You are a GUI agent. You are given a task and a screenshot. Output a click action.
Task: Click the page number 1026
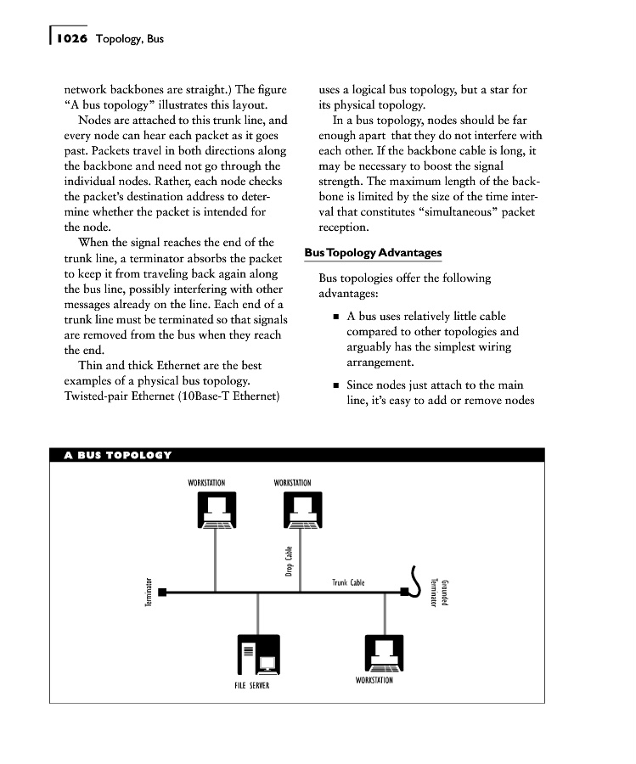pyautogui.click(x=73, y=39)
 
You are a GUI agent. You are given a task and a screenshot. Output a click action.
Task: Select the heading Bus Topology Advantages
pyautogui.click(x=373, y=253)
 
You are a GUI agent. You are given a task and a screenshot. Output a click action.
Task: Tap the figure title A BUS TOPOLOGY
pyautogui.click(x=118, y=455)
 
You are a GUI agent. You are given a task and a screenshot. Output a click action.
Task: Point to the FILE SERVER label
pyautogui.click(x=252, y=685)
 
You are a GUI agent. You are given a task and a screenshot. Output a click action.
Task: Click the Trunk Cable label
pyautogui.click(x=348, y=583)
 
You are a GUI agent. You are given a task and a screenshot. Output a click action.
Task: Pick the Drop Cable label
pyautogui.click(x=289, y=562)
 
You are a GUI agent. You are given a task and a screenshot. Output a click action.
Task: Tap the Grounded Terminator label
pyautogui.click(x=439, y=592)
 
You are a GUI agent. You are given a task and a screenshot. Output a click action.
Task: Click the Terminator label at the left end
pyautogui.click(x=149, y=593)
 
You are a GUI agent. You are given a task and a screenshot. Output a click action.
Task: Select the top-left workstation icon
pyautogui.click(x=214, y=513)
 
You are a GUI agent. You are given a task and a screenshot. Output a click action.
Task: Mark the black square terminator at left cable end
pyautogui.click(x=162, y=593)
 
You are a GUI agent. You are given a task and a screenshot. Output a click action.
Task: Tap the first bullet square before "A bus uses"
pyautogui.click(x=336, y=317)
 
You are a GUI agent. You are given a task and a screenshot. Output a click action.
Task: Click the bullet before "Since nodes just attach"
pyautogui.click(x=336, y=386)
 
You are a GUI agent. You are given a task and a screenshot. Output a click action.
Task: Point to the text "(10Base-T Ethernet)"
pyautogui.click(x=229, y=396)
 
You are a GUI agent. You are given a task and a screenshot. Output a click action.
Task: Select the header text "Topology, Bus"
pyautogui.click(x=130, y=39)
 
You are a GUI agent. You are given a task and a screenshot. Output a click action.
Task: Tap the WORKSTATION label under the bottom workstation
pyautogui.click(x=374, y=681)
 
